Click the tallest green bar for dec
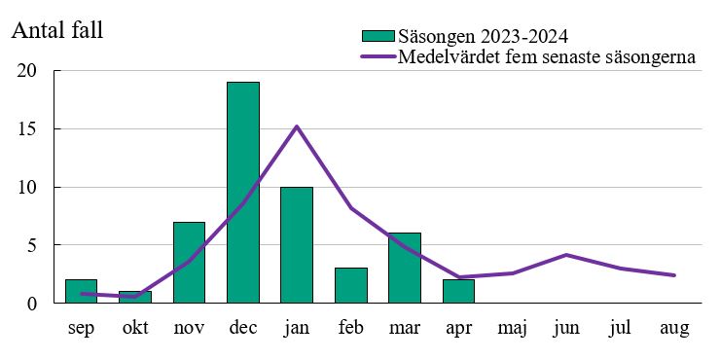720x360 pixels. [x=243, y=193]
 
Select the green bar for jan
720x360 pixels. [x=297, y=245]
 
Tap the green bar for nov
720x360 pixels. [x=189, y=263]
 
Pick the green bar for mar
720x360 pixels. [x=405, y=269]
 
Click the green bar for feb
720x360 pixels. [x=351, y=285]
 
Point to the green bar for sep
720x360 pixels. [x=81, y=291]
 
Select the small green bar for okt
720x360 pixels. [x=135, y=297]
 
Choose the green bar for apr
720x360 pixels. [x=458, y=291]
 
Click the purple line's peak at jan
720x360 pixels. [x=297, y=126]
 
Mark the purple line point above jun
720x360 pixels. [x=566, y=255]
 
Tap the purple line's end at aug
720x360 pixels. [x=673, y=275]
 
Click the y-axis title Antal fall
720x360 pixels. [x=56, y=30]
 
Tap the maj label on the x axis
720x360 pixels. [x=513, y=329]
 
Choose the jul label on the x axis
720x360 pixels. [x=620, y=329]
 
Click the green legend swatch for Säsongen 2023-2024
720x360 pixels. [x=378, y=36]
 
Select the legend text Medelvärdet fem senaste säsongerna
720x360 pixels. [x=547, y=56]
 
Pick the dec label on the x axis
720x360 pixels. [x=243, y=329]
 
